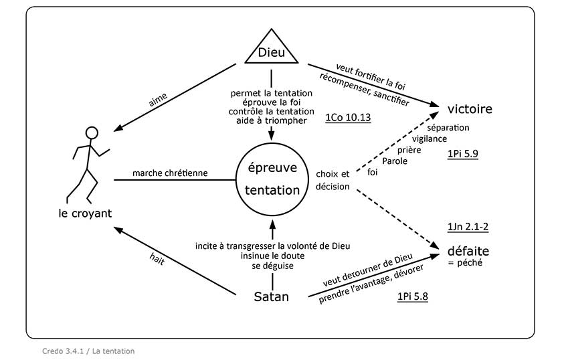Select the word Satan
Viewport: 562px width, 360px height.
coord(272,296)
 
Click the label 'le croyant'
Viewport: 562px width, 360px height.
coord(84,213)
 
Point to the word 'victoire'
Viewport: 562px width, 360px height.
coord(470,109)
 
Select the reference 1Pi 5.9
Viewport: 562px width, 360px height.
coord(462,154)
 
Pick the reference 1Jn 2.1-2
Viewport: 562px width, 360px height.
coord(464,227)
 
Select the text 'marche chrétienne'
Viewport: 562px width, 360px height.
coord(171,173)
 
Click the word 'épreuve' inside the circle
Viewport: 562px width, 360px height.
coord(272,167)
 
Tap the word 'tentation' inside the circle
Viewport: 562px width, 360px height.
coord(272,190)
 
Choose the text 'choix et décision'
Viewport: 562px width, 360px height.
coord(333,180)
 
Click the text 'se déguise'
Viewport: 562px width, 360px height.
coord(272,266)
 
